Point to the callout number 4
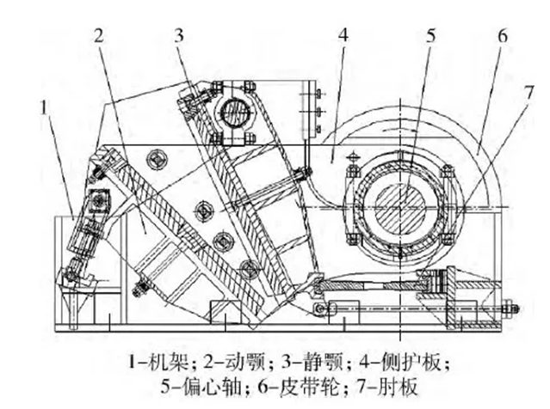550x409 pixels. pos(343,37)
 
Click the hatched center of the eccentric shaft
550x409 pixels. pos(400,206)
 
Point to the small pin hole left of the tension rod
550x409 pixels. pos(321,308)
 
